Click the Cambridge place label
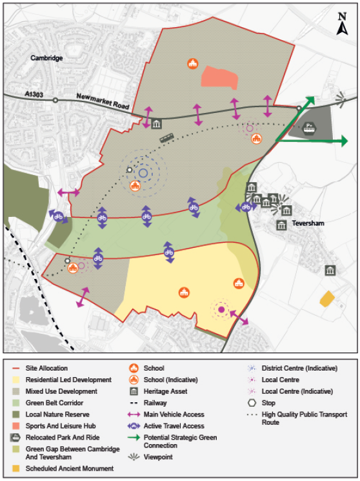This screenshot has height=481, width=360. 46,58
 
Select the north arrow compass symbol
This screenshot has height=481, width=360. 343,24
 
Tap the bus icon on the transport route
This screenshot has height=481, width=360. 166,137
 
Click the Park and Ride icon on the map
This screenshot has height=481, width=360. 309,128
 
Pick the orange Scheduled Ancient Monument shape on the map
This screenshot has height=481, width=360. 328,298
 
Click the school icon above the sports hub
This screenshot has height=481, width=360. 192,63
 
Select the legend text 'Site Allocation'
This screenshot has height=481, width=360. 48,369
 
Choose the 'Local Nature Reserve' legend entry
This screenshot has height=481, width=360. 57,414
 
